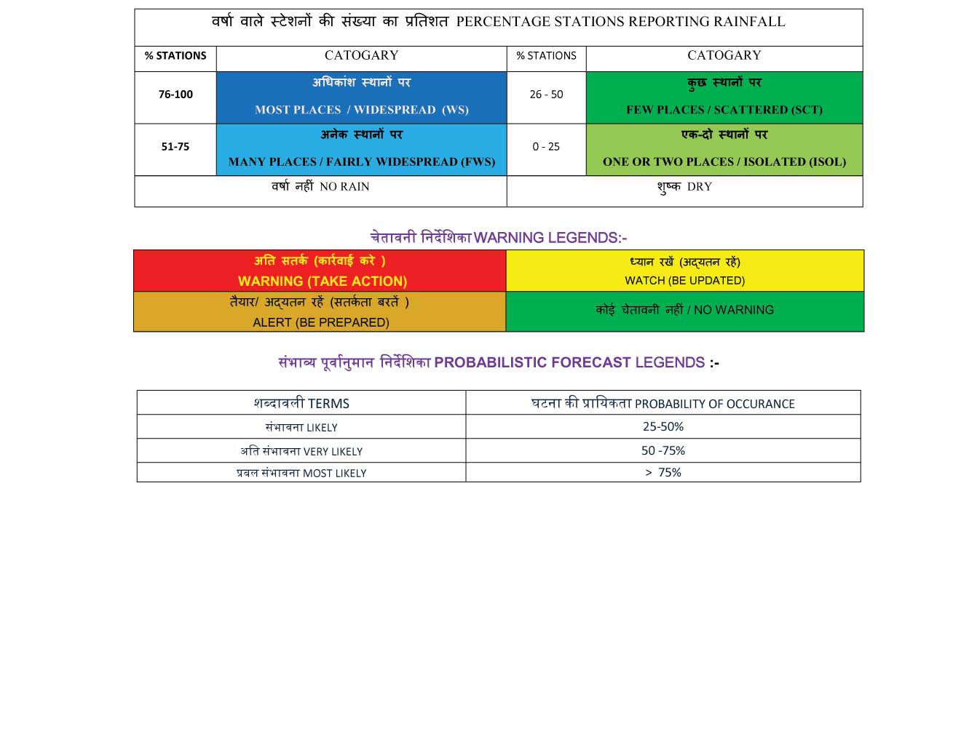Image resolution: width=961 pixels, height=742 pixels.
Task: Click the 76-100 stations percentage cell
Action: [x=175, y=95]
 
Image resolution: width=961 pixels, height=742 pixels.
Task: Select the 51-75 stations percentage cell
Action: [x=175, y=147]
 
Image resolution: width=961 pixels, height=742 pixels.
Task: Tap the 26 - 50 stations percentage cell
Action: [x=546, y=95]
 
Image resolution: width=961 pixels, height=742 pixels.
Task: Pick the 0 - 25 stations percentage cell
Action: [x=546, y=147]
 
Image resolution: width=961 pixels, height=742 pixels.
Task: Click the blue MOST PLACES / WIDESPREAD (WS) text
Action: [x=362, y=110]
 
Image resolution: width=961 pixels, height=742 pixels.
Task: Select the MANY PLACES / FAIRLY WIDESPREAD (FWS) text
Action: [x=362, y=162]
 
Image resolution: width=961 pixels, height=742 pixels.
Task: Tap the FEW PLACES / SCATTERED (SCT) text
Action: [x=724, y=110]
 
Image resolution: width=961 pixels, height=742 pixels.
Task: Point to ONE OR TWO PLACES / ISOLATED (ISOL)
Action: [x=724, y=162]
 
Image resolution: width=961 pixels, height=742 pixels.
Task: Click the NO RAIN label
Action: [x=344, y=187]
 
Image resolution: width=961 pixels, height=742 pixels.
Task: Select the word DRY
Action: [x=699, y=187]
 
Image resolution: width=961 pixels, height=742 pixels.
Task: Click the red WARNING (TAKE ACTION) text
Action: [x=322, y=282]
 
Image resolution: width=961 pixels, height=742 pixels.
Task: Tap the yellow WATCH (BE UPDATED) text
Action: [x=684, y=281]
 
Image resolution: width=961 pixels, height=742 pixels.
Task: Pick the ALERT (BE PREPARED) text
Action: [x=320, y=322]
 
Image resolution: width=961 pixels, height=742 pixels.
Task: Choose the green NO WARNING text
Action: [x=733, y=311]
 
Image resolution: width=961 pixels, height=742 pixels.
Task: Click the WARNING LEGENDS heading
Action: [x=550, y=238]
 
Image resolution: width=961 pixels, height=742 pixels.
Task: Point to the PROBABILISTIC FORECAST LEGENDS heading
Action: [x=569, y=363]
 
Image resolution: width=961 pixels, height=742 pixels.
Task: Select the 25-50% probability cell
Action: [x=663, y=427]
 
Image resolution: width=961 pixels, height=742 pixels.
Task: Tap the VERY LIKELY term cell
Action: [x=301, y=452]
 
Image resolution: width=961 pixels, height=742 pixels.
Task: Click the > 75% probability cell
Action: [x=663, y=473]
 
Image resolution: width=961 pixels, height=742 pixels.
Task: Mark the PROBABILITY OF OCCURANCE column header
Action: [x=714, y=404]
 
